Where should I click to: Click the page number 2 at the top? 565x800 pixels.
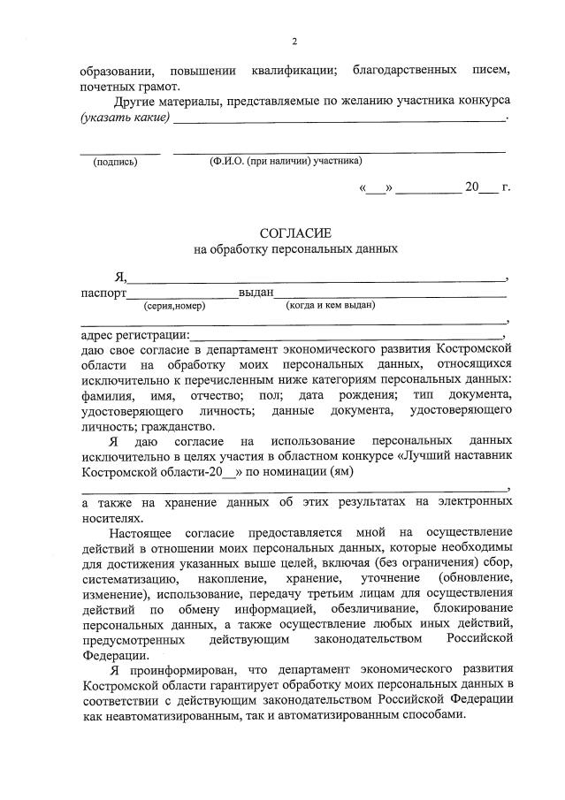click(x=294, y=41)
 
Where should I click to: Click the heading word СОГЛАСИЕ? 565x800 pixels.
click(x=295, y=232)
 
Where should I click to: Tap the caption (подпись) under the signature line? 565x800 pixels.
click(x=115, y=162)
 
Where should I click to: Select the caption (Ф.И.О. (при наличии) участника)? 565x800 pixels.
click(x=285, y=161)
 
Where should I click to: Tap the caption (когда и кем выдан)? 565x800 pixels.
click(x=330, y=306)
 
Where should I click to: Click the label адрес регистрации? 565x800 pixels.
click(x=134, y=336)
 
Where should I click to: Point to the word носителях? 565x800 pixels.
click(x=110, y=518)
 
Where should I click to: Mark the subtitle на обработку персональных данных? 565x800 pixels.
click(x=295, y=249)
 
